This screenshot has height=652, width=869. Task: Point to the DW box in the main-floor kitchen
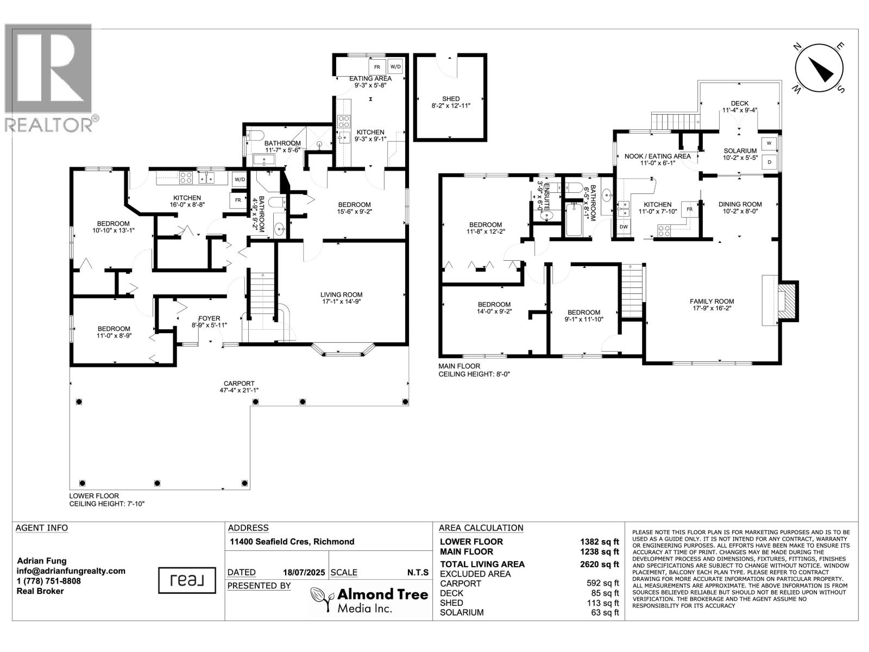click(x=624, y=226)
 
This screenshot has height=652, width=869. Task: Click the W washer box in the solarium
click(x=769, y=144)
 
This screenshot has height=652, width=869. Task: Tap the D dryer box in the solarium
click(x=769, y=161)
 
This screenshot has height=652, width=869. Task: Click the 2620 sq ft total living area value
click(x=600, y=564)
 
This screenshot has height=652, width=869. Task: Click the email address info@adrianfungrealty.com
click(x=71, y=571)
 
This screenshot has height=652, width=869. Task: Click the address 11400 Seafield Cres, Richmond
click(x=292, y=542)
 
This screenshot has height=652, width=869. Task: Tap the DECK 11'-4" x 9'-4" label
click(x=739, y=106)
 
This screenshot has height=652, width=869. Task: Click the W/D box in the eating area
click(x=395, y=67)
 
